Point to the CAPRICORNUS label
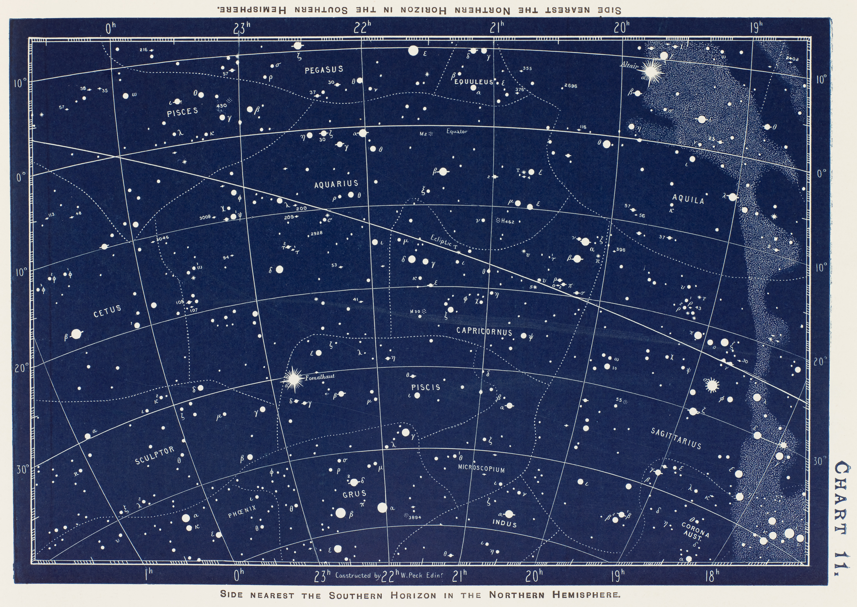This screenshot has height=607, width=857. pyautogui.click(x=484, y=331)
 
